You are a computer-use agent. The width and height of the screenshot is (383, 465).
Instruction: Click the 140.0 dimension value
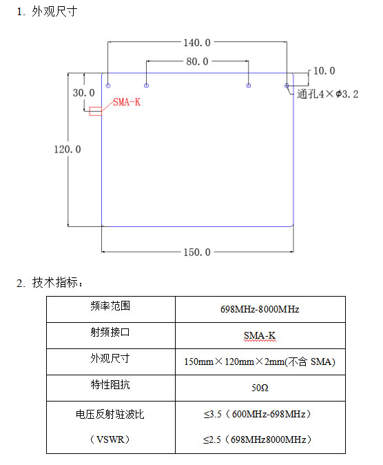[x=197, y=43]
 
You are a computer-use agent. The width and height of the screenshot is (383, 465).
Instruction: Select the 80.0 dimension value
[x=197, y=61]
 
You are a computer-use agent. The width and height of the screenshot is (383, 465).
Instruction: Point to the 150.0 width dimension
[x=197, y=253]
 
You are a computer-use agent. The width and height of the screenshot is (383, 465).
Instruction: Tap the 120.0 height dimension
[x=68, y=149]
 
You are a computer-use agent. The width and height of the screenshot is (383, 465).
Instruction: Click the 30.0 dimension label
[x=84, y=93]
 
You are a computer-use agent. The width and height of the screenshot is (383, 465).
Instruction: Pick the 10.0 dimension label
[x=324, y=71]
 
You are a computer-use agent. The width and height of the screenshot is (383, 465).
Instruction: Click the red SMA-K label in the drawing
[x=127, y=102]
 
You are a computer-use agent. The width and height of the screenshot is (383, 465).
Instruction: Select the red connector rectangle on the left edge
[x=96, y=111]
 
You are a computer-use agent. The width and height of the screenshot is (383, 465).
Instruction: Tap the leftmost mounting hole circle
[x=108, y=86]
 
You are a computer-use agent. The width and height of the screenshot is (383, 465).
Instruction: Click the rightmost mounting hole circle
[x=287, y=86]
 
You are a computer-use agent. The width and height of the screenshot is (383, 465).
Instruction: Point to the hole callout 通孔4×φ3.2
[x=328, y=95]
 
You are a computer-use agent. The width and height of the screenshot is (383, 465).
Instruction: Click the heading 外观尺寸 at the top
[x=54, y=12]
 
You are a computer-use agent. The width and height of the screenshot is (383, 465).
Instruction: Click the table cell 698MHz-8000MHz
[x=260, y=309]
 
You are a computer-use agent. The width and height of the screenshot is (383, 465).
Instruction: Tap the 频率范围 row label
[x=110, y=306]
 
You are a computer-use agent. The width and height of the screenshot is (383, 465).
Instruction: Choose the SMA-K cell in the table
[x=260, y=335]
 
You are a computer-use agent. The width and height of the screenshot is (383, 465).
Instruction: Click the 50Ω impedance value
[x=260, y=388]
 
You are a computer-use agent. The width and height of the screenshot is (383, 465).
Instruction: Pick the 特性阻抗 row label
[x=110, y=385]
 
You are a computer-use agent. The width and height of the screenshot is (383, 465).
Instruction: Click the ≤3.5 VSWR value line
[x=257, y=414]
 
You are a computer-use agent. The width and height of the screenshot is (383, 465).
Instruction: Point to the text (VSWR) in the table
[x=110, y=439]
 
